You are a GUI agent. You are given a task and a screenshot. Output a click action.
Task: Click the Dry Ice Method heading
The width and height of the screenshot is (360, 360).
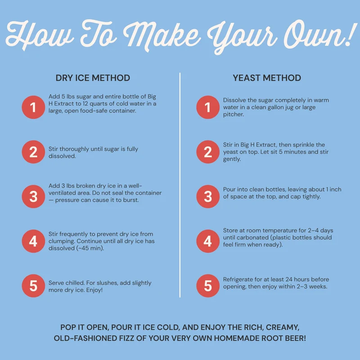93,78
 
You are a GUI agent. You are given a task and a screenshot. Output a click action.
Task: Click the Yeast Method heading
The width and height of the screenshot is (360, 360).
267,78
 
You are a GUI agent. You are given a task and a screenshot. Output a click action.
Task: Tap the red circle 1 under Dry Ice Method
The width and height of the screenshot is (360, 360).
33,107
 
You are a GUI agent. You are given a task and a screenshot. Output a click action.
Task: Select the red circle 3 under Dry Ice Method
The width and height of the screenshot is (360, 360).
33,197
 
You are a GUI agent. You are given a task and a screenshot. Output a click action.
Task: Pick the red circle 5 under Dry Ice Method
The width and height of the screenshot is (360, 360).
33,286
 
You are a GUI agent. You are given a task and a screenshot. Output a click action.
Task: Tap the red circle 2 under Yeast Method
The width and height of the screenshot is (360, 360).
208,152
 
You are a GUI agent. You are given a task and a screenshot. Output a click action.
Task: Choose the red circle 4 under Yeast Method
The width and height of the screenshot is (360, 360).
208,241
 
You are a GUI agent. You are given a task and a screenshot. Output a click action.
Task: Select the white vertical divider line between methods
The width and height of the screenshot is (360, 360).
180,185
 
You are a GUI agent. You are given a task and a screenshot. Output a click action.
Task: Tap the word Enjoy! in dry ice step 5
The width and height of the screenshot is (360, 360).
94,290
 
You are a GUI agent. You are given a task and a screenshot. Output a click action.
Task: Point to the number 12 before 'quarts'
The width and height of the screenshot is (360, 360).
85,103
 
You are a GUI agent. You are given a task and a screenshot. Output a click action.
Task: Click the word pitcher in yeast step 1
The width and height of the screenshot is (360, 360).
234,114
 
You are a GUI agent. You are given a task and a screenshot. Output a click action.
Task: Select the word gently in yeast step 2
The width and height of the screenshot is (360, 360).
232,159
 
